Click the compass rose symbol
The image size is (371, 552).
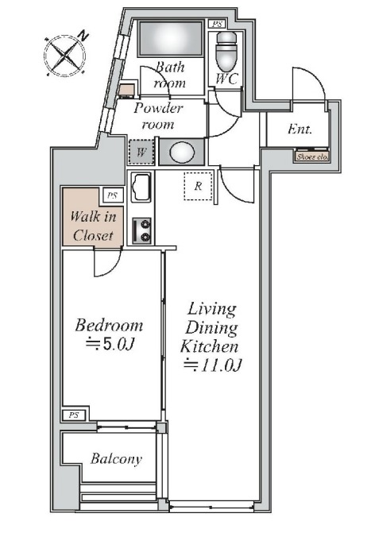(x=65, y=55)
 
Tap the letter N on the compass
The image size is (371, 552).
(x=83, y=36)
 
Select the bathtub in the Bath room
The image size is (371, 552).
(x=171, y=38)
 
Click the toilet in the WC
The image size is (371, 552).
(x=226, y=51)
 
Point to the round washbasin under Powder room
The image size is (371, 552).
(x=182, y=152)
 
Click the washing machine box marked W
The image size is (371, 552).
(x=141, y=152)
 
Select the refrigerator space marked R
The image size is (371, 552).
(x=198, y=186)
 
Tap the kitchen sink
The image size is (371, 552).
(x=141, y=187)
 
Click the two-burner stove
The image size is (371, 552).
(x=142, y=231)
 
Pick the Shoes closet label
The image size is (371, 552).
(x=312, y=156)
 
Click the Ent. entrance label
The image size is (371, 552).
(x=300, y=129)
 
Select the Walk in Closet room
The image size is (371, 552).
(x=93, y=217)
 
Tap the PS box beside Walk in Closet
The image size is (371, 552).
(x=113, y=195)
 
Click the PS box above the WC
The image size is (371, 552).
(x=218, y=24)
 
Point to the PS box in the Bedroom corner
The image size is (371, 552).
(x=74, y=415)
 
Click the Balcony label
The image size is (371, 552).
(x=116, y=459)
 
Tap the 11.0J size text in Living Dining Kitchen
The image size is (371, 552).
(x=212, y=365)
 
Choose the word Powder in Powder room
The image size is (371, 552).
(x=158, y=108)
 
